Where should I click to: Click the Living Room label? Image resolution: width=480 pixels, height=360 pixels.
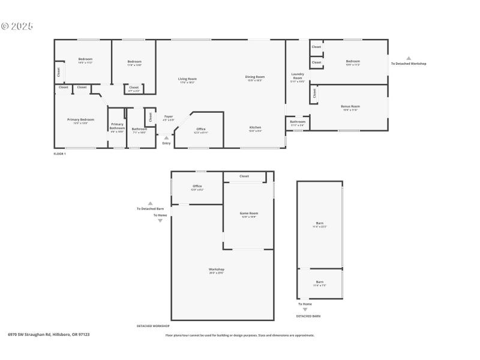pos(187,79)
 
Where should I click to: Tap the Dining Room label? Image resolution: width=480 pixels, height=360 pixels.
pos(255,77)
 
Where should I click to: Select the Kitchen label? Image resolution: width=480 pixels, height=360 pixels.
pos(255,127)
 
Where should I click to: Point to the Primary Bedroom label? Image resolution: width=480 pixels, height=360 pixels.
pos(80,119)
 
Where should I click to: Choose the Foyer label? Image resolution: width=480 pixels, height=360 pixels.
pos(169,116)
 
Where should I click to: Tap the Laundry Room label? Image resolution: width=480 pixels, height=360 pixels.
pos(298,76)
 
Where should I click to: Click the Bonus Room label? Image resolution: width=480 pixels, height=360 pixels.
pos(350,106)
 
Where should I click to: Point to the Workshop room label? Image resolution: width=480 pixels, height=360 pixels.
pos(216,269)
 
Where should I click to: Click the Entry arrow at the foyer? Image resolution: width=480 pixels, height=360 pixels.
pos(166,137)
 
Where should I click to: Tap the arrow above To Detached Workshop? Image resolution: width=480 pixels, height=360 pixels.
pos(409,58)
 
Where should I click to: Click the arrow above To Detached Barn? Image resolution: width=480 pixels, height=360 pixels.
pos(150,203)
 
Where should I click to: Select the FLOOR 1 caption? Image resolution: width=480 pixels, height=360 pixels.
pos(60,154)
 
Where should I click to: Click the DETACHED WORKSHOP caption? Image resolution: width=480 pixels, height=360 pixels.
pos(153,326)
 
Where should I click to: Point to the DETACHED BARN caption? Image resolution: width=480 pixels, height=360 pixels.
pos(308,316)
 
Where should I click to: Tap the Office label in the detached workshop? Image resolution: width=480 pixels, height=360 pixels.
pos(197,186)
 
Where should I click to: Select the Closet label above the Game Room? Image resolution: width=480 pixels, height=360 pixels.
pos(244,176)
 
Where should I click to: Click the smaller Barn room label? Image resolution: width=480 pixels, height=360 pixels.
pos(320,282)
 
